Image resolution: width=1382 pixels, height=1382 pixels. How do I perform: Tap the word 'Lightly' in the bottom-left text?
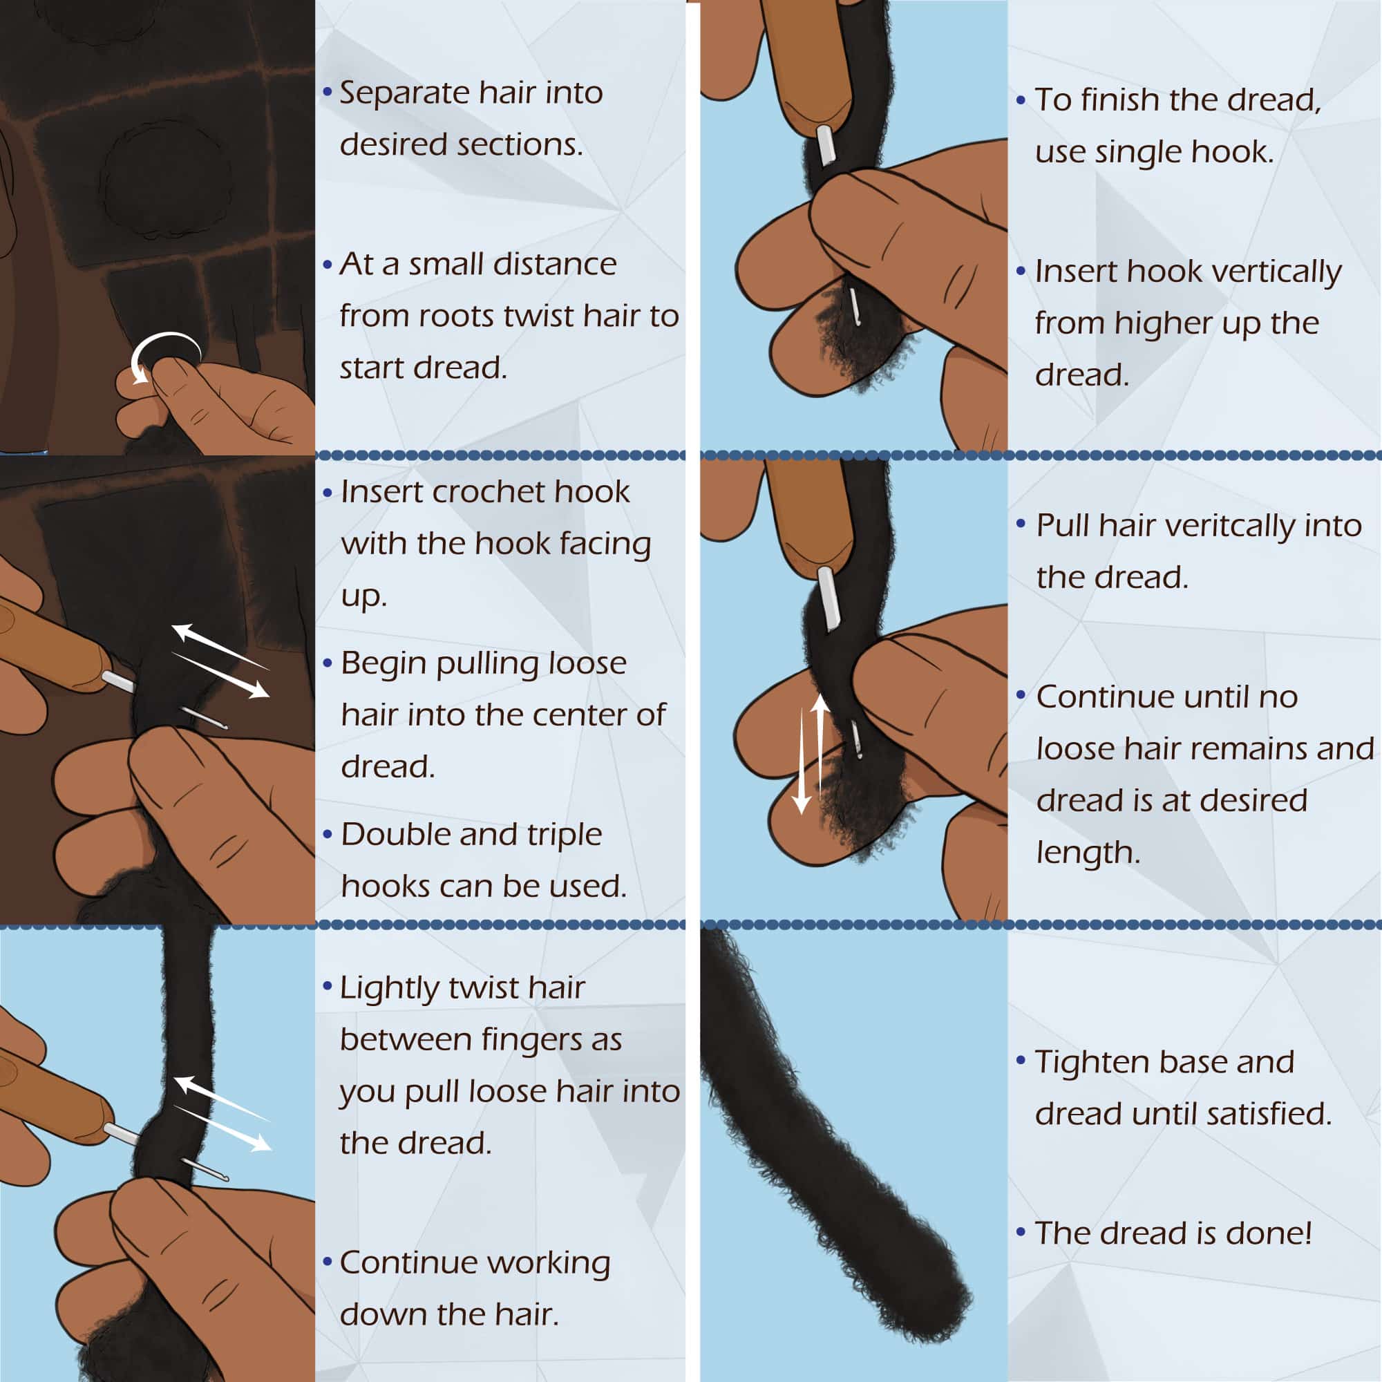[390, 988]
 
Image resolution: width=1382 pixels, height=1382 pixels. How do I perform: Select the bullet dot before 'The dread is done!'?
[1021, 1232]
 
